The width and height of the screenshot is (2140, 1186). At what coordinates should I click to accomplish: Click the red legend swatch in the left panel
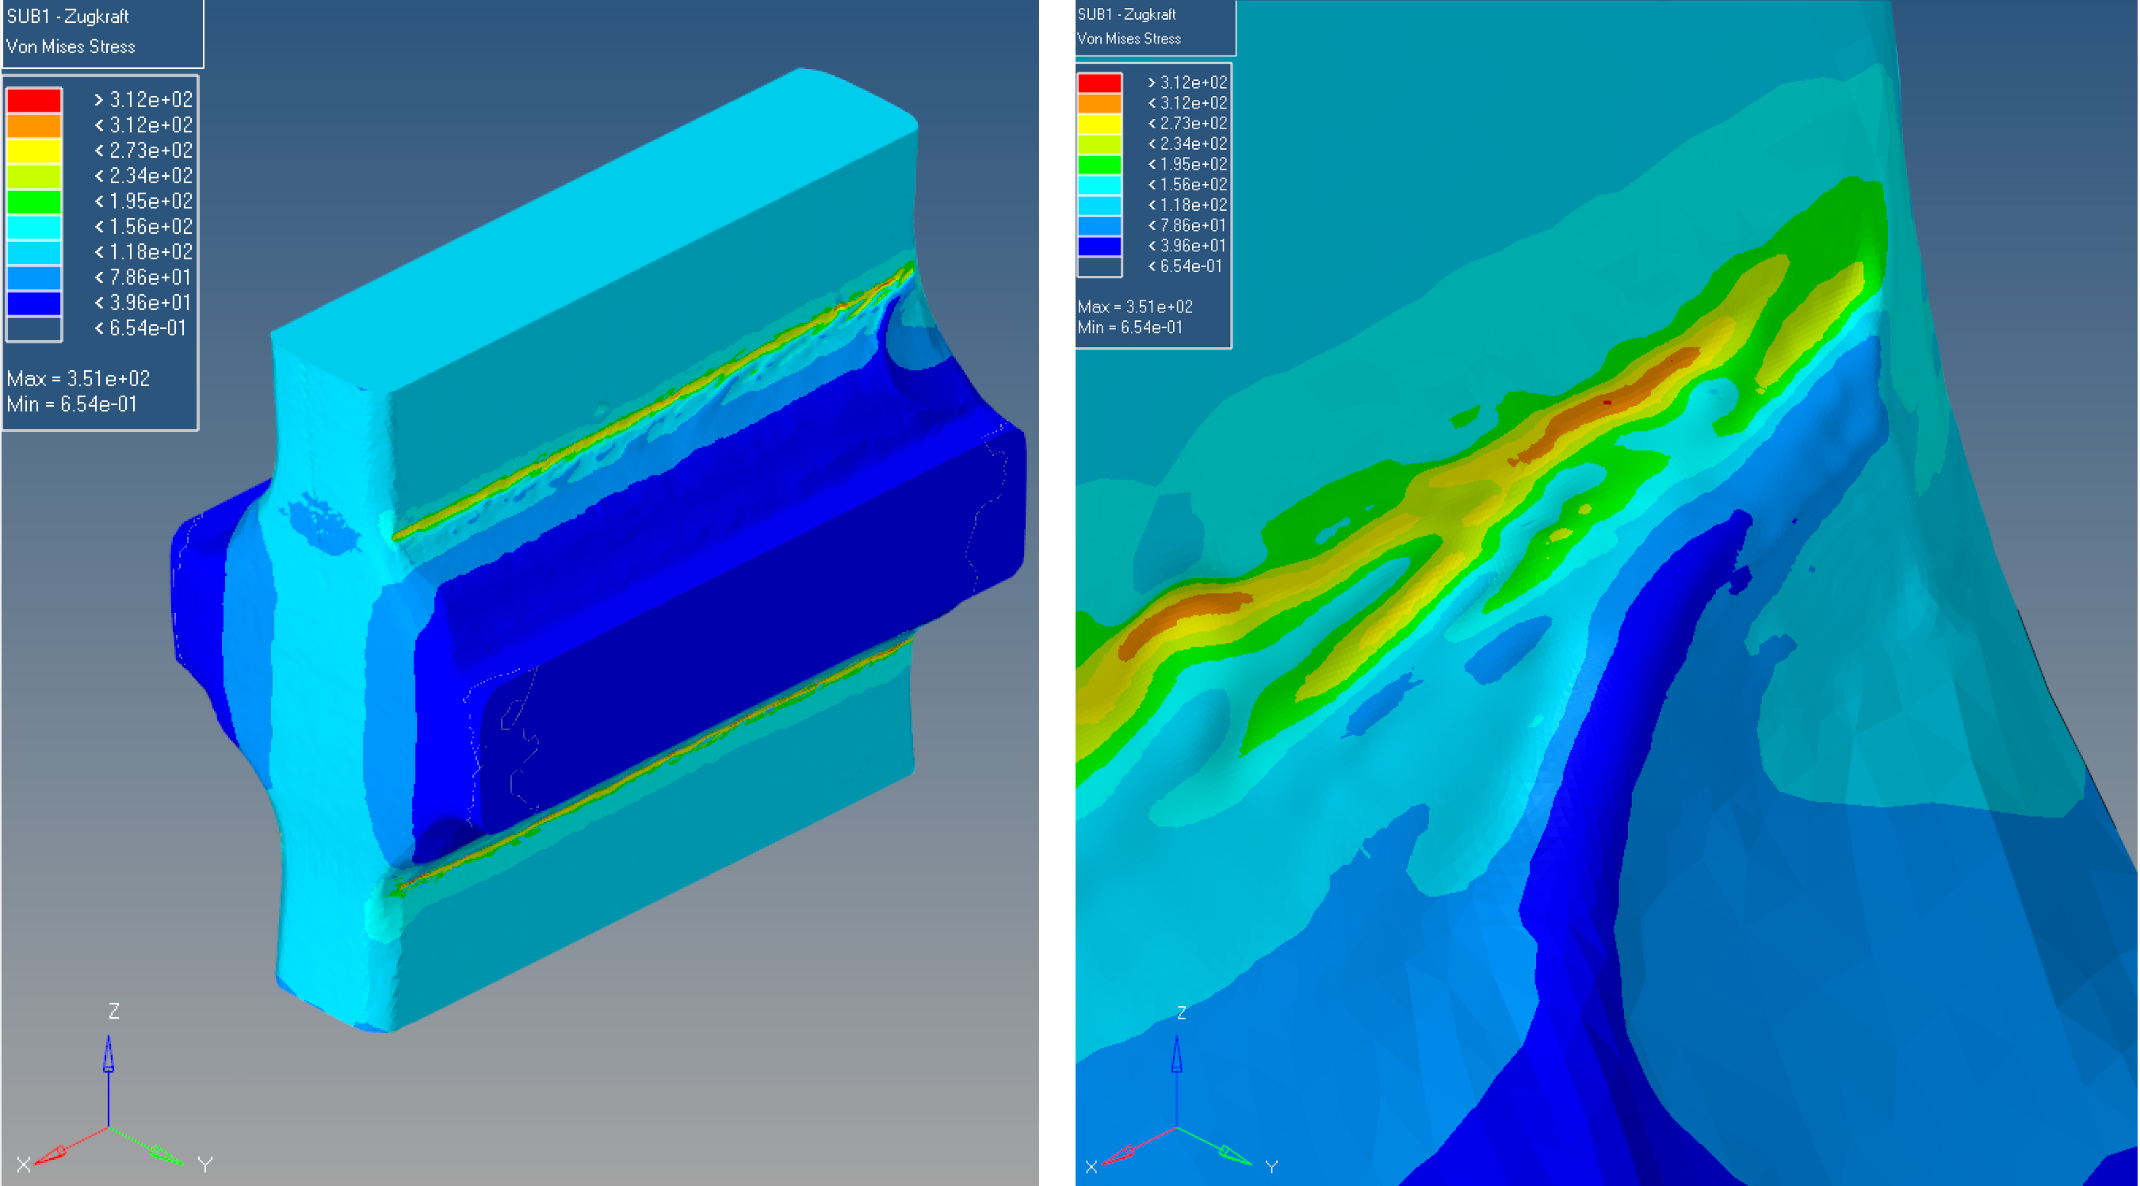pos(33,100)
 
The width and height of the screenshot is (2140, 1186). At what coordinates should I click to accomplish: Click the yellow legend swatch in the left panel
pos(33,151)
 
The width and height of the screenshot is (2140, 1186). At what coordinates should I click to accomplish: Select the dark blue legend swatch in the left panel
pos(33,303)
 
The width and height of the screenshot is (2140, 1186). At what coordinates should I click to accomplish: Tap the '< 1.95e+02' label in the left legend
pos(143,201)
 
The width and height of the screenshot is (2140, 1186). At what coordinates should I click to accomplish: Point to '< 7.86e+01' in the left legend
pos(143,277)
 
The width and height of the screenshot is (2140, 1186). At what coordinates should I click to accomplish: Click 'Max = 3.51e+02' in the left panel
pos(78,379)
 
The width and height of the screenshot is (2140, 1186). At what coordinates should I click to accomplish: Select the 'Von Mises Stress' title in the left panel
pos(71,47)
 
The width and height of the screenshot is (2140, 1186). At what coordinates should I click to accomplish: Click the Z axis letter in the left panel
pos(114,1011)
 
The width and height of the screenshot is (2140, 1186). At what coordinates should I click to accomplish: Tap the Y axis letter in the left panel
pos(205,1165)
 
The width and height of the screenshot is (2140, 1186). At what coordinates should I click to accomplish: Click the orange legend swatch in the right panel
pos(1099,103)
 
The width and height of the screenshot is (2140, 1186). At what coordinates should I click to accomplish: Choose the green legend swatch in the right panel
pos(1099,165)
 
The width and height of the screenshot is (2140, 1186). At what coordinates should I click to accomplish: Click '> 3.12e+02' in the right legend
pos(1187,82)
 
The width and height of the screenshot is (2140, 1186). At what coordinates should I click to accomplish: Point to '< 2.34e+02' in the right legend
pos(1187,143)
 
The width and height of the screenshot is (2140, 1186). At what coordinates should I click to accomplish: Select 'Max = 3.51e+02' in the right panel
pos(1135,307)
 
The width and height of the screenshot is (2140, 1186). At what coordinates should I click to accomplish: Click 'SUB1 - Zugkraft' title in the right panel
pos(1126,14)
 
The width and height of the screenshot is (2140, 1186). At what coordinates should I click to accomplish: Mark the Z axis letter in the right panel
pos(1181,1012)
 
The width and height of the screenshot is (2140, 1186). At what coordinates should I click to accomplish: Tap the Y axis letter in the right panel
pos(1271,1167)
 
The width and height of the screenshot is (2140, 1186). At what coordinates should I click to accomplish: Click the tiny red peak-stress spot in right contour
pos(1607,402)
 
